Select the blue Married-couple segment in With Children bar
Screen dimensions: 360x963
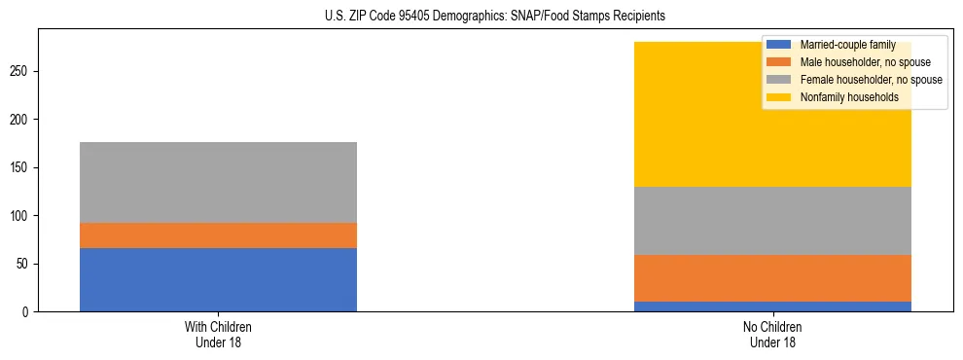tap(218, 280)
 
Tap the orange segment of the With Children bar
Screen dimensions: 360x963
tap(218, 235)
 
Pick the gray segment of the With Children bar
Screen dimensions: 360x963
tap(218, 183)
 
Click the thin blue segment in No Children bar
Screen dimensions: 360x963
tap(772, 306)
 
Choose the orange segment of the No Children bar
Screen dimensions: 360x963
tap(772, 278)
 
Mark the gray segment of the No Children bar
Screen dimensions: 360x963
tap(772, 221)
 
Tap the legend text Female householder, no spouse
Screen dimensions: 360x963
tap(871, 80)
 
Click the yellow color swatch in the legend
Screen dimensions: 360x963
tap(779, 97)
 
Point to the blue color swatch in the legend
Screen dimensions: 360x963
tap(779, 45)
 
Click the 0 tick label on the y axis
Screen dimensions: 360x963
tap(27, 312)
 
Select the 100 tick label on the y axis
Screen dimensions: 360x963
tap(21, 216)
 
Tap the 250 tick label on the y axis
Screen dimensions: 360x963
tap(21, 71)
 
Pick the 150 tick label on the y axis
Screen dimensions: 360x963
tap(21, 167)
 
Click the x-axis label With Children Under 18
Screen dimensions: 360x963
tap(218, 335)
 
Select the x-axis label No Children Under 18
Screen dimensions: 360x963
tap(772, 335)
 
